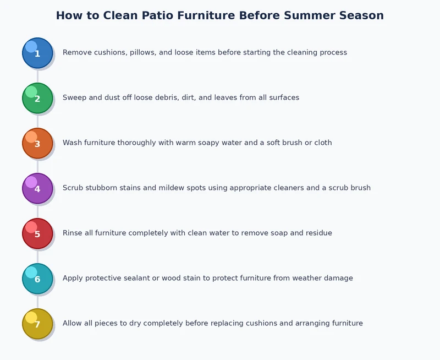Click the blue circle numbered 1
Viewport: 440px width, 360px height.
pos(37,53)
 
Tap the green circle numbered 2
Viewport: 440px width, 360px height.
pos(37,98)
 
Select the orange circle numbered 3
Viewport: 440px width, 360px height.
pos(37,143)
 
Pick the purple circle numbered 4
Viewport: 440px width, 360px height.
pos(37,188)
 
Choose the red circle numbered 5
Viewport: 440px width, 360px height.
pos(37,233)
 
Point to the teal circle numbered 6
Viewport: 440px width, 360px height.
pos(37,279)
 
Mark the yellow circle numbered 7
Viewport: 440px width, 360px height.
pos(37,324)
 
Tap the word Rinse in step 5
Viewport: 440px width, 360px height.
pos(73,233)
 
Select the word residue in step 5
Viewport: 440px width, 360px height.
pos(318,233)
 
